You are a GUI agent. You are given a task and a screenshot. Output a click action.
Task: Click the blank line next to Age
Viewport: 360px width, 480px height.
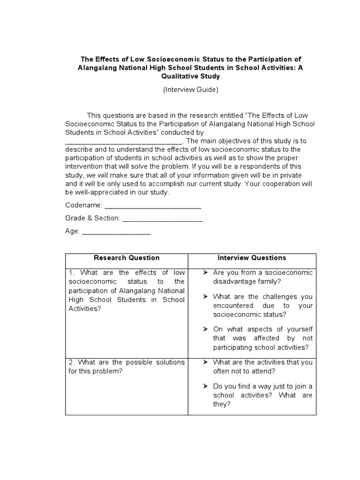[116, 231]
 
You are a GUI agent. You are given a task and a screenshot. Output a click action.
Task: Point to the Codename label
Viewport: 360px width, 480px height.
[82, 205]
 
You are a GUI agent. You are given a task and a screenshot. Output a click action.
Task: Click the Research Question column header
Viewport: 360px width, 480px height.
[127, 258]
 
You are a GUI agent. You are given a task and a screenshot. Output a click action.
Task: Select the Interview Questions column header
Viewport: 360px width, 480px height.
[252, 258]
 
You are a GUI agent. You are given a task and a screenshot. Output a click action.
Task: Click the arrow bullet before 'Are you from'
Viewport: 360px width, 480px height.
[205, 273]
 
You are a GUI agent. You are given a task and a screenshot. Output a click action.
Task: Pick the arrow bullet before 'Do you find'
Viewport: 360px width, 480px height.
[205, 386]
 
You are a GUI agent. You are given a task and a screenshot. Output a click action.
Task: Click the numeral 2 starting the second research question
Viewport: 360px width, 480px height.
[71, 362]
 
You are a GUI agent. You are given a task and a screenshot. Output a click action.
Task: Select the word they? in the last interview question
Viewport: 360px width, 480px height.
[222, 405]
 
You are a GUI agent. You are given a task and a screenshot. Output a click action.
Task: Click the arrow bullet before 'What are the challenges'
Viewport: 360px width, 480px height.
[205, 297]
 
